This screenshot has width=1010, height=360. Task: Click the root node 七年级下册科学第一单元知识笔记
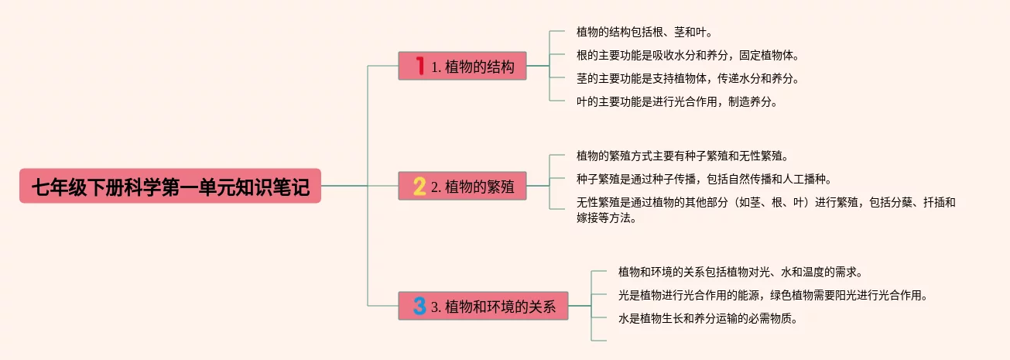click(x=170, y=186)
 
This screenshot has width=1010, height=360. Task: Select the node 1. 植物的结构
click(x=462, y=67)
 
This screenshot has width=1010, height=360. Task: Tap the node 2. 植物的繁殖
click(x=462, y=186)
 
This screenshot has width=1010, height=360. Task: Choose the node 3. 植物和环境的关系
click(x=483, y=306)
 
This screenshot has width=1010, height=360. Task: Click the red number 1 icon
click(x=419, y=67)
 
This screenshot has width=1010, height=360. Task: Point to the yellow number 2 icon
click(x=419, y=186)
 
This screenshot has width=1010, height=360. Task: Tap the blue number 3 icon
click(x=419, y=306)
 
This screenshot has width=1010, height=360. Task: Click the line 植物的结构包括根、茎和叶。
click(x=644, y=33)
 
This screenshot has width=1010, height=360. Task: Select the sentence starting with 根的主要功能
click(x=687, y=56)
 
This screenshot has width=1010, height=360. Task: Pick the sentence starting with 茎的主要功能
click(x=687, y=78)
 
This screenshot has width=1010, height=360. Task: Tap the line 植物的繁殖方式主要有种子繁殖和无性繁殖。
click(x=682, y=156)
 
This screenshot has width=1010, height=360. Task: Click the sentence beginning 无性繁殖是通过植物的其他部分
click(x=765, y=203)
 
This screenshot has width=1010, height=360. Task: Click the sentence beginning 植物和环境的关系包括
click(x=740, y=273)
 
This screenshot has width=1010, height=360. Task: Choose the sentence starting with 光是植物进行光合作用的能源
click(x=772, y=295)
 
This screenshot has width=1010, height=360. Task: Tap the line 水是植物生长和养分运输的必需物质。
click(x=707, y=318)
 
